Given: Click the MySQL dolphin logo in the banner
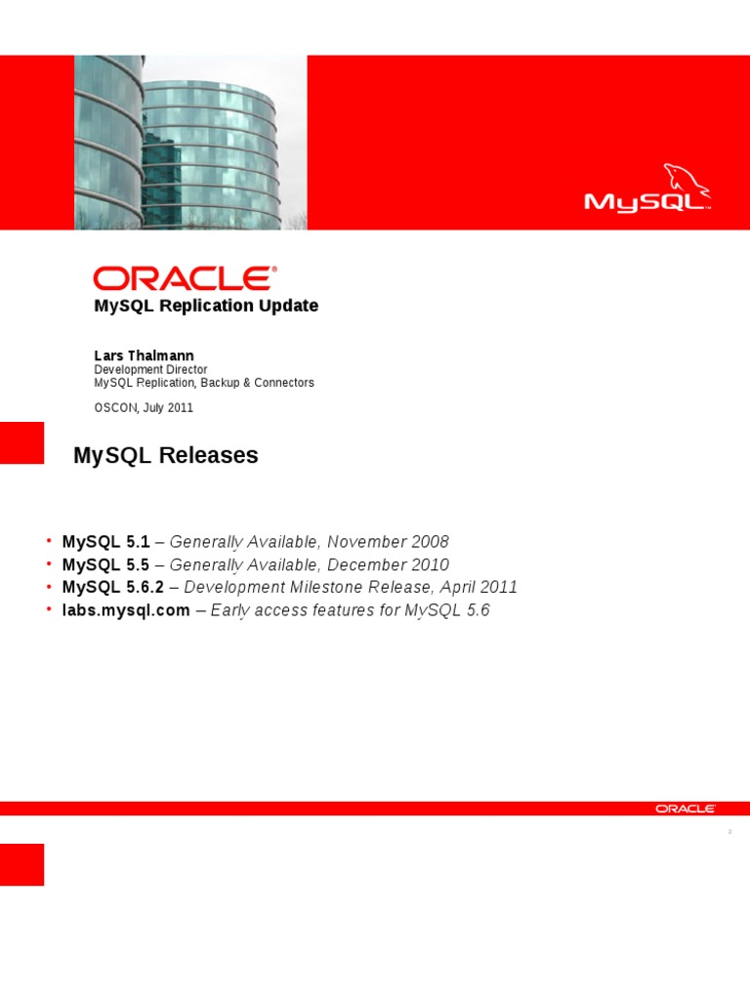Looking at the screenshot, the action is [647, 187].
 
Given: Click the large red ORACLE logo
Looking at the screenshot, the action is [185, 278].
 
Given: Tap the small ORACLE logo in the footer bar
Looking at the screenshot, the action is [686, 809].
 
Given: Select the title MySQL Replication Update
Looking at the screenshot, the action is [206, 306].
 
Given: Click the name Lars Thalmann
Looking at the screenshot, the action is [145, 355].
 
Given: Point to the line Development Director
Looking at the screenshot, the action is [150, 369].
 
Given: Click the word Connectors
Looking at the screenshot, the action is [284, 383].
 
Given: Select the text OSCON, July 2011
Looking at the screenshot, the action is [144, 407].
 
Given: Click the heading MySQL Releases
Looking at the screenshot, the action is [166, 455].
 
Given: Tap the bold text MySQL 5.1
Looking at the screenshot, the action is [105, 541].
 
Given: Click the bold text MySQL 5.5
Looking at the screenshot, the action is [105, 564].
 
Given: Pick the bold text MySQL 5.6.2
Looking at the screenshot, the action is [113, 587].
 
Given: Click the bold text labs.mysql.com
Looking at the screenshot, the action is [126, 610].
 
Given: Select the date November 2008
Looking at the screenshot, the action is [388, 541].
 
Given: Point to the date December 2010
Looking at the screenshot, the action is [388, 564].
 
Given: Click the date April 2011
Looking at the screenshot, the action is [479, 587].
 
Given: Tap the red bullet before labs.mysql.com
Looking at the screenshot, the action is [49, 609].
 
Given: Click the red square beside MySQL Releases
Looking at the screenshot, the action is [21, 442].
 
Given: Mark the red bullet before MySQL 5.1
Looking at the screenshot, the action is [49, 540].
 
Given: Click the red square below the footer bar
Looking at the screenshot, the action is [21, 864].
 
